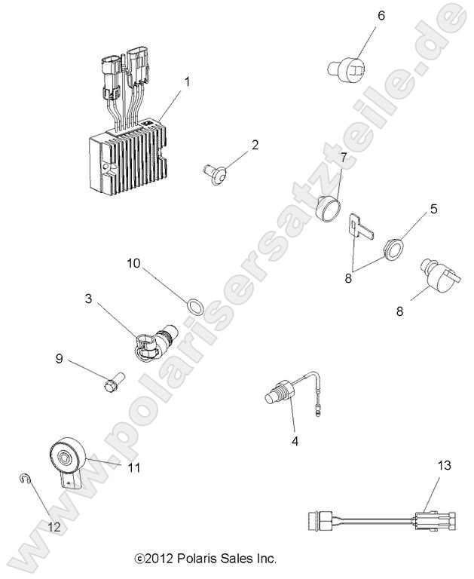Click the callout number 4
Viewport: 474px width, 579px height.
[x=295, y=442]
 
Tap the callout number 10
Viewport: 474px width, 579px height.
[x=133, y=264]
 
